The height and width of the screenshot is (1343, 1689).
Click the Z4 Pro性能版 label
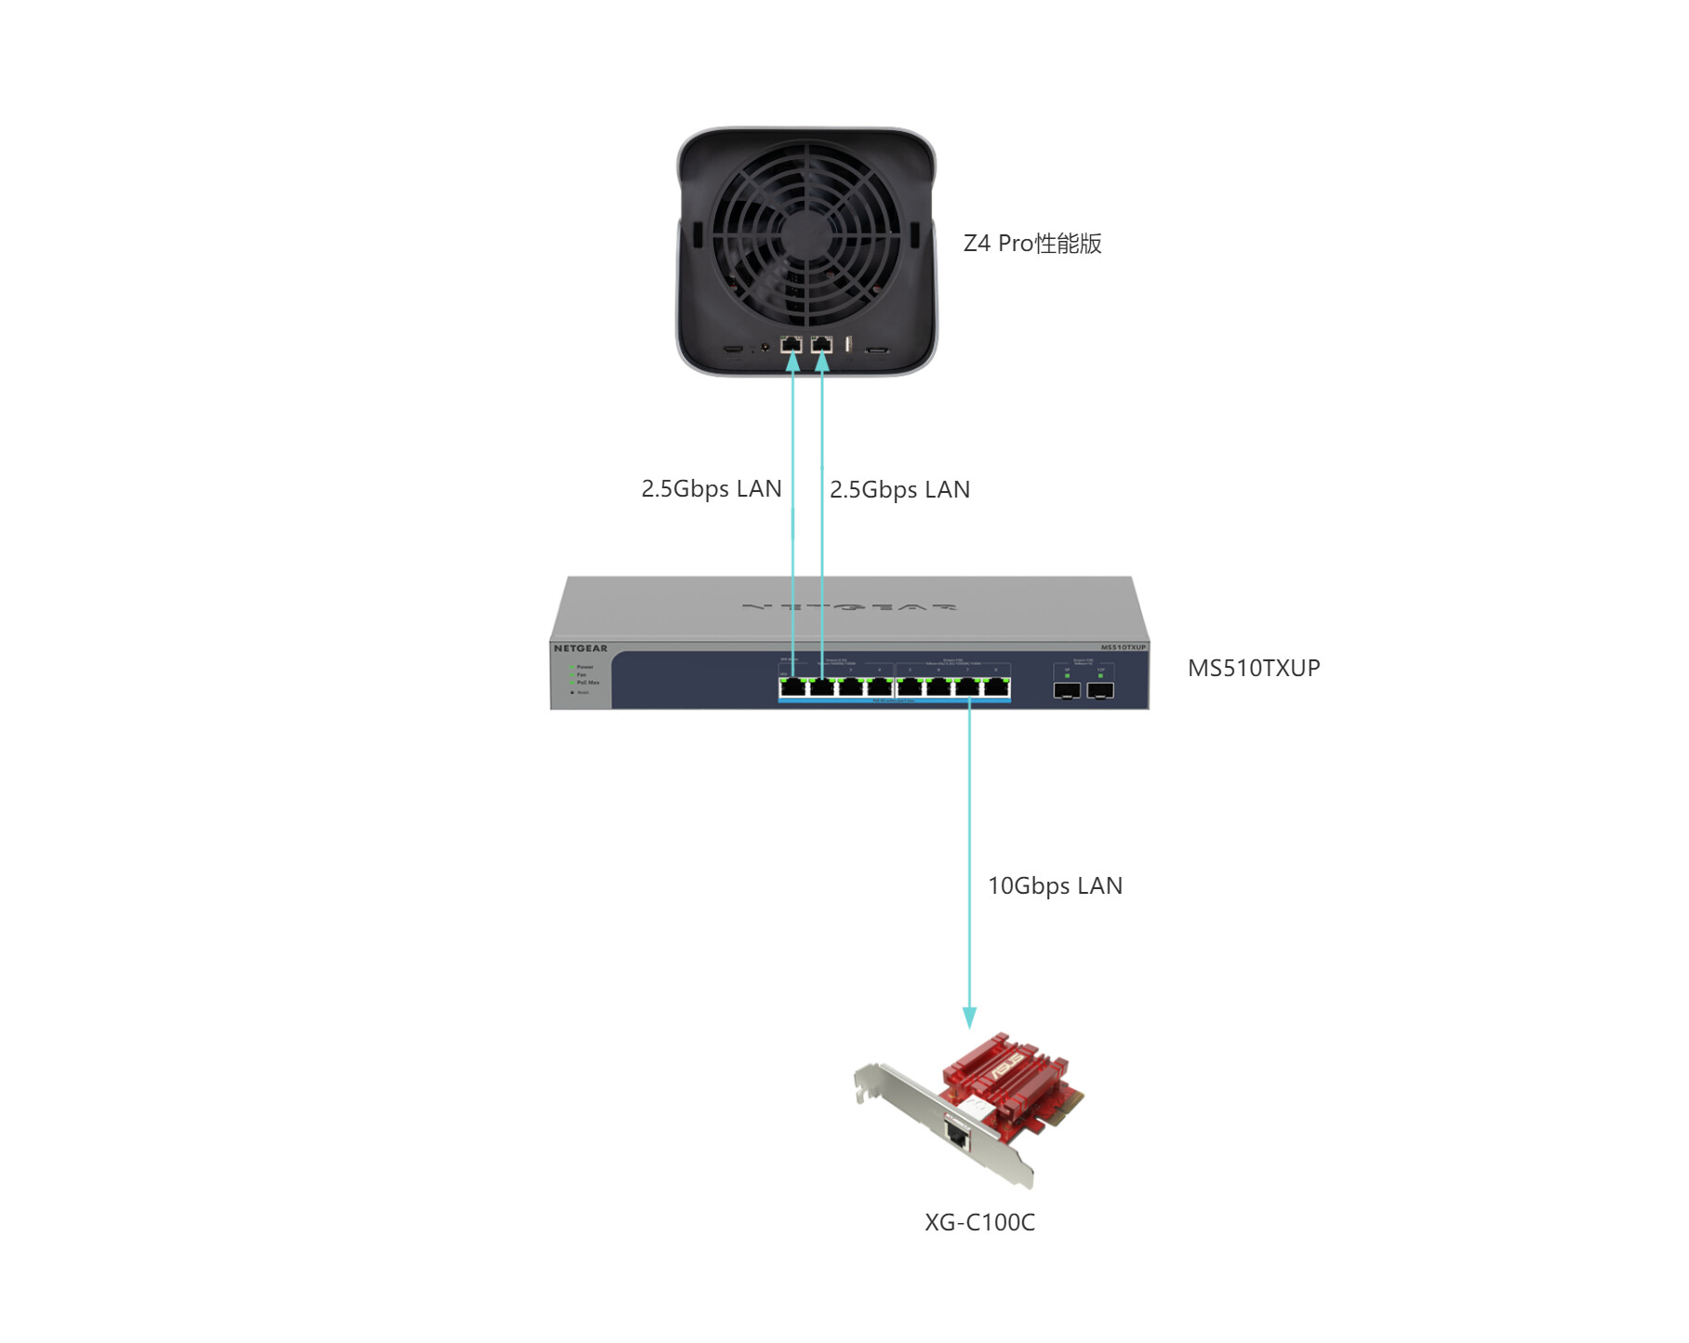tap(1032, 244)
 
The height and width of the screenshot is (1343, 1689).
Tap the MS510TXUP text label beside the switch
tap(1254, 668)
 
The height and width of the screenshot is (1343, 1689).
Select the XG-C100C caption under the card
tap(979, 1222)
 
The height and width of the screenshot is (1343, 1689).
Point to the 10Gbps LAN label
tap(1055, 885)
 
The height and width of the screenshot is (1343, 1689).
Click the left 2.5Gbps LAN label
tap(712, 489)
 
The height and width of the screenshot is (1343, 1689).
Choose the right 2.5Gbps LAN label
tap(899, 490)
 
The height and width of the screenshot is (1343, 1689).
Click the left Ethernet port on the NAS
tap(791, 345)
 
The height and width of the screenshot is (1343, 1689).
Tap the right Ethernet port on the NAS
tap(821, 345)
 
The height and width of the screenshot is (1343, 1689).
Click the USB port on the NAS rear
tap(848, 345)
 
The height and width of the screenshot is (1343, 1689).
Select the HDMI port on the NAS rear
tap(734, 350)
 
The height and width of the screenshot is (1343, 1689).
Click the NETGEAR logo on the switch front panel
tap(580, 648)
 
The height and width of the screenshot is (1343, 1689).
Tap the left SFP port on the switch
tap(1067, 690)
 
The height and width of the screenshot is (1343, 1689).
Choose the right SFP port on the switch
tap(1100, 690)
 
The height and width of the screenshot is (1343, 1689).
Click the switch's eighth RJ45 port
tap(997, 688)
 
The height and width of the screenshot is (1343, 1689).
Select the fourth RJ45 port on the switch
tap(880, 688)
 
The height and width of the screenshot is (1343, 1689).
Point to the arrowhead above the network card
tap(969, 1017)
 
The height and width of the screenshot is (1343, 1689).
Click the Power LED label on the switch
tap(584, 667)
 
